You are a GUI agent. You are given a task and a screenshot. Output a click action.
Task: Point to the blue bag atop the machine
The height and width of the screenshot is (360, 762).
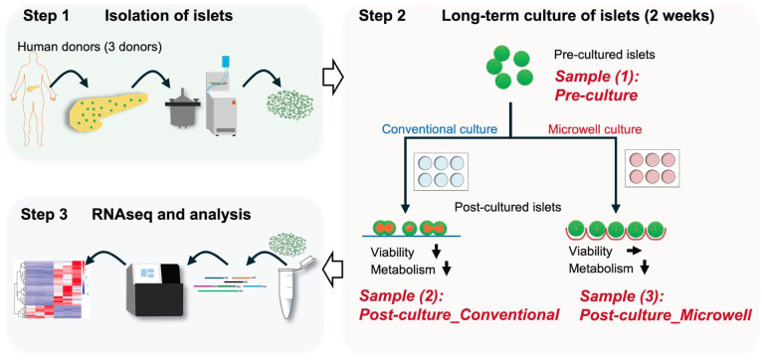(x=225, y=63)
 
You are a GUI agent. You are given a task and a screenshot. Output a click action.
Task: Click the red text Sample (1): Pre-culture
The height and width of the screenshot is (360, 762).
(x=596, y=86)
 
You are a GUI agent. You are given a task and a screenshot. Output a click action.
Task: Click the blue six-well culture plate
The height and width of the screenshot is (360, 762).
(x=441, y=171)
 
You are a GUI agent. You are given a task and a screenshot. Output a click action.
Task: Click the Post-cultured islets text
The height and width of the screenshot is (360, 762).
(x=508, y=208)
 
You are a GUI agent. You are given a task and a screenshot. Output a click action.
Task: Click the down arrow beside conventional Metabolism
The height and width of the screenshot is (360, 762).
(x=449, y=270)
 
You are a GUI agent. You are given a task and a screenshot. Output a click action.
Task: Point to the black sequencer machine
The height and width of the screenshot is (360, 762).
(x=154, y=289)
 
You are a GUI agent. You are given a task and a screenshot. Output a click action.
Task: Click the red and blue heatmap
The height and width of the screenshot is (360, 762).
(x=50, y=288)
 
